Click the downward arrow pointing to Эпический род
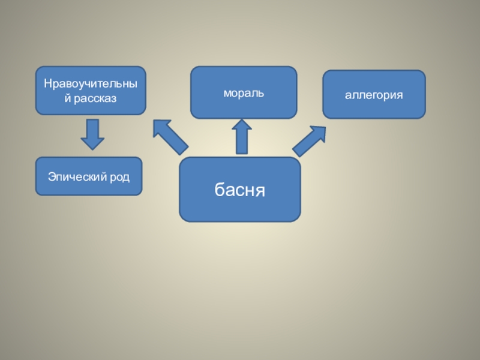pyautogui.click(x=92, y=134)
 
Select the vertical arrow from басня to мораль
pyautogui.click(x=242, y=136)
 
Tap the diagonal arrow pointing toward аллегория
pyautogui.click(x=309, y=141)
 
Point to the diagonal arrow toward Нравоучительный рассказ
pyautogui.click(x=170, y=137)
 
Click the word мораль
pyautogui.click(x=244, y=94)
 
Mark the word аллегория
pyautogui.click(x=374, y=95)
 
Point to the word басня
pyautogui.click(x=240, y=190)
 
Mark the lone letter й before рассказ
pyautogui.click(x=68, y=97)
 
